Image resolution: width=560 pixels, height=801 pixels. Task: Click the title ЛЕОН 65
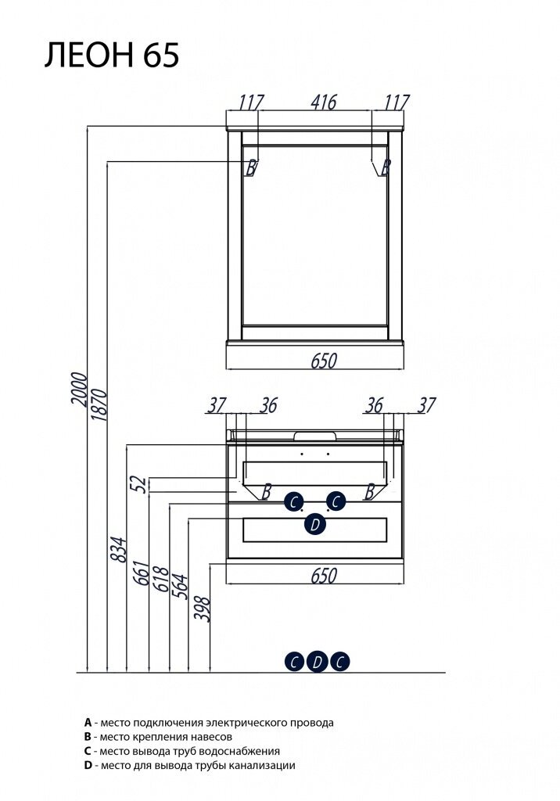pos(112,56)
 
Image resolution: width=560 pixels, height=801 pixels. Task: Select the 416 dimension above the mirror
pos(323,102)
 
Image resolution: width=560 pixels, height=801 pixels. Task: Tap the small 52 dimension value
pos(140,485)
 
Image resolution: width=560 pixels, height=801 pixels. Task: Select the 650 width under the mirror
pos(323,361)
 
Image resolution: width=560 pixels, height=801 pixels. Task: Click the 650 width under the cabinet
pos(323,576)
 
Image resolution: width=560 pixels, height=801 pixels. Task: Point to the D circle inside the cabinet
pos(315,525)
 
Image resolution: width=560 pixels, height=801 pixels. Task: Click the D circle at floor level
pos(317,662)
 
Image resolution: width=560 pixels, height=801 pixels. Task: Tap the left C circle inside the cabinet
pos(293,501)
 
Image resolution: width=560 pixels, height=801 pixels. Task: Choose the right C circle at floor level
pos(339,662)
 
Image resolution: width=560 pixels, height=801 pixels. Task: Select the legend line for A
pos(209,723)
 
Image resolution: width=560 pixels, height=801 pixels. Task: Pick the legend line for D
pos(190,766)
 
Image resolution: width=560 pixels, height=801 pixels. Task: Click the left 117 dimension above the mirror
pos(251,102)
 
